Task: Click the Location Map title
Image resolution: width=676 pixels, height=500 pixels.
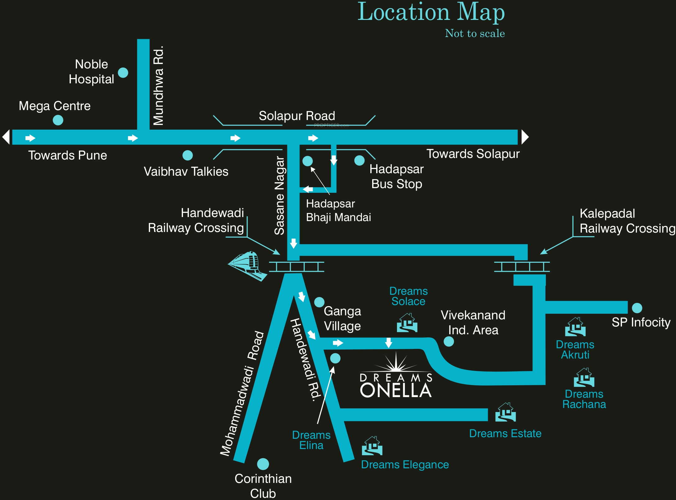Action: tap(431, 12)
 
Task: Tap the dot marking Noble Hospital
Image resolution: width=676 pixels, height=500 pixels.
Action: tap(123, 73)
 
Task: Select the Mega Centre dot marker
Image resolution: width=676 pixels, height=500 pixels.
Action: tap(58, 120)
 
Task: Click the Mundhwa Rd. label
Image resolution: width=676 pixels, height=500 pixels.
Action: tap(158, 86)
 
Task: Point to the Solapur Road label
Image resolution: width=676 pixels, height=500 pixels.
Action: tap(297, 116)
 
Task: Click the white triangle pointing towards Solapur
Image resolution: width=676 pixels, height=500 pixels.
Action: tap(525, 137)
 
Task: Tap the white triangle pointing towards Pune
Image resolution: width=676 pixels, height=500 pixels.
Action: tap(6, 137)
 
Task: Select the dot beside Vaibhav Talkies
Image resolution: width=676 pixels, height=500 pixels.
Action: tap(188, 155)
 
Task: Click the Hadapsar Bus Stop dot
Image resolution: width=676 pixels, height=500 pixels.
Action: tap(359, 160)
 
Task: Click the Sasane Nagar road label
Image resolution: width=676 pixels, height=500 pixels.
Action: tap(279, 196)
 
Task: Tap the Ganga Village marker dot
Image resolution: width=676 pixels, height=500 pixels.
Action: tap(319, 302)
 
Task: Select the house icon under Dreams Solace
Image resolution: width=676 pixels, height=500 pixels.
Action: tap(407, 323)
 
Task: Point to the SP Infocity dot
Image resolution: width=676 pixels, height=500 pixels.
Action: tap(637, 308)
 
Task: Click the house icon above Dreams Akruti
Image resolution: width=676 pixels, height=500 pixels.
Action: tap(575, 327)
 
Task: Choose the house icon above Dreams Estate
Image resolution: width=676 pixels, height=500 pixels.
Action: tap(505, 412)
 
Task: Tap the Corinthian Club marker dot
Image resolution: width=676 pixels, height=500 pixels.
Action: tap(263, 464)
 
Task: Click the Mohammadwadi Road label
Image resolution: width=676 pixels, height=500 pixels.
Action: tap(242, 394)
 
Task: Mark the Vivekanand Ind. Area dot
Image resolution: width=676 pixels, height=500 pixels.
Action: tap(449, 341)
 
